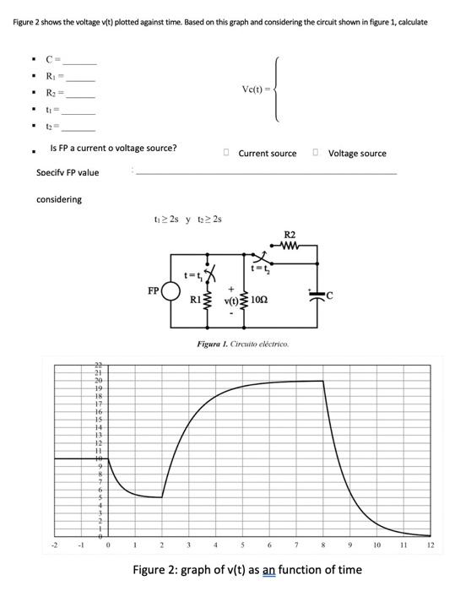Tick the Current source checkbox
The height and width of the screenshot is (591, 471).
pos(226,153)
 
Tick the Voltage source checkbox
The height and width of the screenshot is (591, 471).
pos(315,153)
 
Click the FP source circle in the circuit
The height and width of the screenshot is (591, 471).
pos(171,291)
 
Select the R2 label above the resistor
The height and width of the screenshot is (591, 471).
pos(290,234)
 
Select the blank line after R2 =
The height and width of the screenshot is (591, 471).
pos(79,96)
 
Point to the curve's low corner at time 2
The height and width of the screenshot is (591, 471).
pos(163,497)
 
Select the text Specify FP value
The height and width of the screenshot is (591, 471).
pos(68,173)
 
